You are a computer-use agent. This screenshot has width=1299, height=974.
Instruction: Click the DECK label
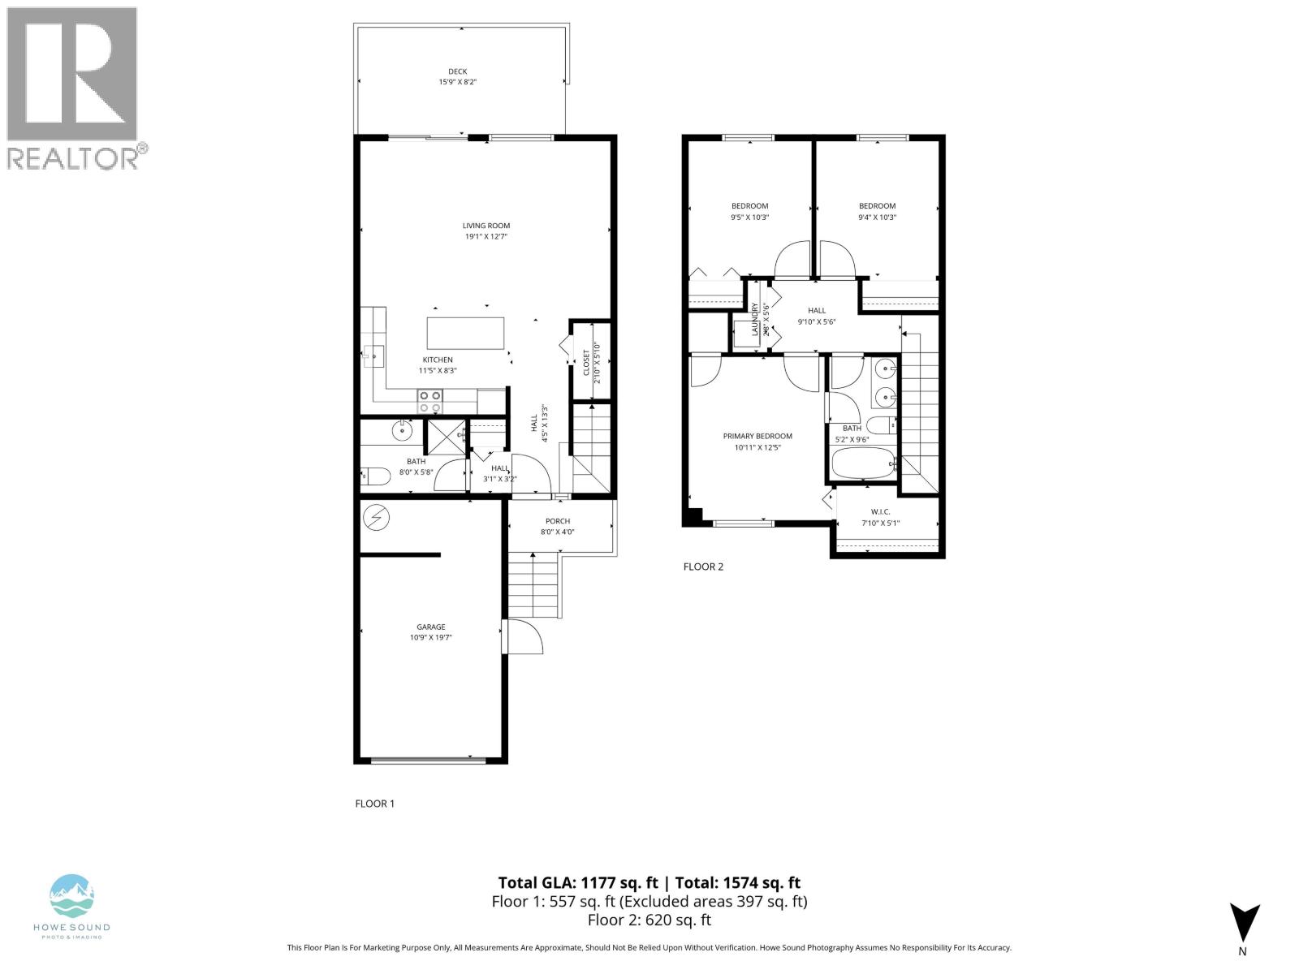coord(458,71)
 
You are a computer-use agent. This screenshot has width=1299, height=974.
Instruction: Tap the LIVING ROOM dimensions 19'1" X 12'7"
coord(486,237)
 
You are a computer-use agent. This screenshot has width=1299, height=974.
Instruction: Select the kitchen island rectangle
coord(465,333)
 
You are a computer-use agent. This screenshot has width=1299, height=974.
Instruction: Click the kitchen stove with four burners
coord(430,402)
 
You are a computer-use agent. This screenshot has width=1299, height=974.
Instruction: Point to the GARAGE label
coord(431,627)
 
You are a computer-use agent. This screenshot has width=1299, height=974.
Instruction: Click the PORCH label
coord(558,521)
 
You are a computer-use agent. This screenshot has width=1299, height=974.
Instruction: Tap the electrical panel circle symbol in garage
coord(377,516)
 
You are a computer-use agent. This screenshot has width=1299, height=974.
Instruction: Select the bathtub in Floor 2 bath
coord(863,465)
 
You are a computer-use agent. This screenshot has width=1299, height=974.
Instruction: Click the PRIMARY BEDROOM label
coord(757,436)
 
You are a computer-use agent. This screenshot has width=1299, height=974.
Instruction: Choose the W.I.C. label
coord(881,512)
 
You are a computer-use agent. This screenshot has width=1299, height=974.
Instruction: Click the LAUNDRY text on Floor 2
coord(755,320)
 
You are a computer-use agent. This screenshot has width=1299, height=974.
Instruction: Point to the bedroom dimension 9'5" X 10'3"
coord(749,218)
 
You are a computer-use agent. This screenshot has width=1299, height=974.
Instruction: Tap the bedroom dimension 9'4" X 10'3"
coord(877,218)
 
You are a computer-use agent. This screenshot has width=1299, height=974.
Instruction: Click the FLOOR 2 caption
coord(703,567)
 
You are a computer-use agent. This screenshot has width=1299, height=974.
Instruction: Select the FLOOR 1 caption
coord(375,804)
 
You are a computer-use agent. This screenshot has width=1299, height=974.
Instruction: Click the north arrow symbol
coord(1245,922)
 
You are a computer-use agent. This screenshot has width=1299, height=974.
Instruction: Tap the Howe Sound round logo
coord(71,896)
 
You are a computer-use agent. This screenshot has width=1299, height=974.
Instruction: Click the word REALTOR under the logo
coord(72,158)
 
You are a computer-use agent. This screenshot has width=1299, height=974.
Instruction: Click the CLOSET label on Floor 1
coord(586,362)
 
